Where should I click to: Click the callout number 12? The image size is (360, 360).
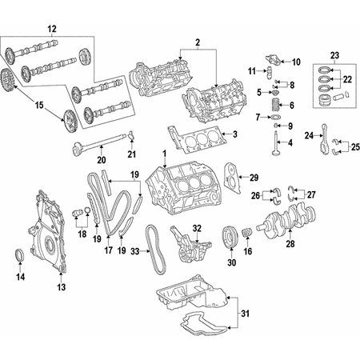tap(52, 29)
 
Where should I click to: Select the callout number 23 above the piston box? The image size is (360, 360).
tap(334, 54)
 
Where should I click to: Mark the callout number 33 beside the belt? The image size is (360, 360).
tap(134, 251)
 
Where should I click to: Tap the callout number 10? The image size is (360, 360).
tap(296, 62)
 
